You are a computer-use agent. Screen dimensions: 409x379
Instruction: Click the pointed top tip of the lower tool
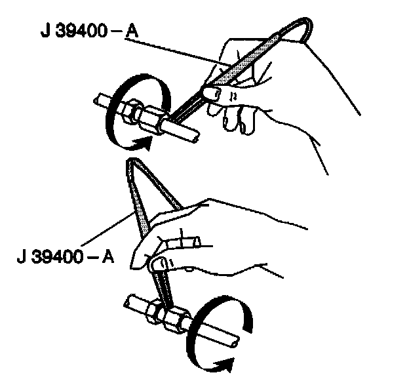(x=131, y=162)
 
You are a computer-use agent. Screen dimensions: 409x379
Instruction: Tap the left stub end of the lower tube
(x=127, y=301)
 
